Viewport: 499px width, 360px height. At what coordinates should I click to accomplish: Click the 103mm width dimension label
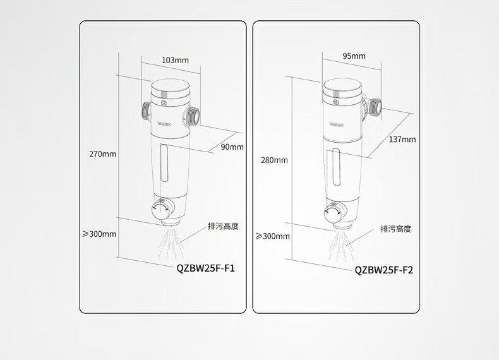click(175, 60)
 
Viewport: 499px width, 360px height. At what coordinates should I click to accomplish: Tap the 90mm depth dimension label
click(232, 147)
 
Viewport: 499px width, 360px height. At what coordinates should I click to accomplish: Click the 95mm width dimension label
click(354, 56)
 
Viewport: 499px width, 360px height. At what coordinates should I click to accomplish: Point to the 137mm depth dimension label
click(402, 140)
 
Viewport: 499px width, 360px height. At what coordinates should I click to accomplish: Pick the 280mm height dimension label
click(274, 160)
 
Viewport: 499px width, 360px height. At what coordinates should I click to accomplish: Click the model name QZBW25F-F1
click(205, 268)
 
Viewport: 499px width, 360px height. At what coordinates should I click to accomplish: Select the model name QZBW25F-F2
click(383, 270)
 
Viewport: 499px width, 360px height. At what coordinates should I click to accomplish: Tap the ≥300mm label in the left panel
click(100, 234)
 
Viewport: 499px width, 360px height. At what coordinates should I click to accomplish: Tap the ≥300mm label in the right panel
click(272, 236)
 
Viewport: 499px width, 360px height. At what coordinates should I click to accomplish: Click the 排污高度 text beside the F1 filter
click(223, 226)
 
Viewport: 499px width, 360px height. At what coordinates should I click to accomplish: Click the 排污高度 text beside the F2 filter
click(395, 229)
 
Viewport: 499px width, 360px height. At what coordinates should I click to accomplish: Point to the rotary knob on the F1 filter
click(162, 209)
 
